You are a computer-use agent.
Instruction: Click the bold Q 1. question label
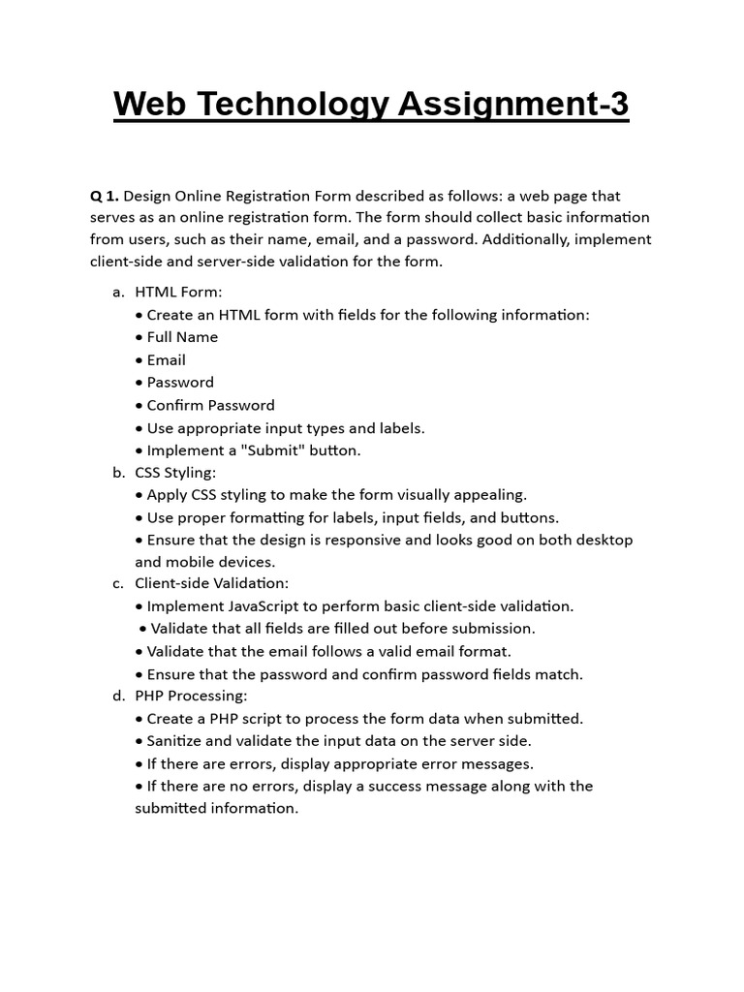pos(105,195)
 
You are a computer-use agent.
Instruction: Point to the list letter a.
pos(118,292)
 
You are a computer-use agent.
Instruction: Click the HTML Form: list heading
pos(178,292)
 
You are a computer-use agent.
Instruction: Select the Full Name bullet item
pos(182,337)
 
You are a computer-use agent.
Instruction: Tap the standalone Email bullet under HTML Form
pos(166,359)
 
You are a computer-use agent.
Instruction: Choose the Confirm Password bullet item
pos(210,405)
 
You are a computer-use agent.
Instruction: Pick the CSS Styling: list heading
pos(175,473)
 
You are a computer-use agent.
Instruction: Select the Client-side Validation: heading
pos(211,583)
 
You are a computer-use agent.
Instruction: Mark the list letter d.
pos(118,696)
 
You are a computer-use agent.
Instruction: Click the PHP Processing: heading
pos(191,696)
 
